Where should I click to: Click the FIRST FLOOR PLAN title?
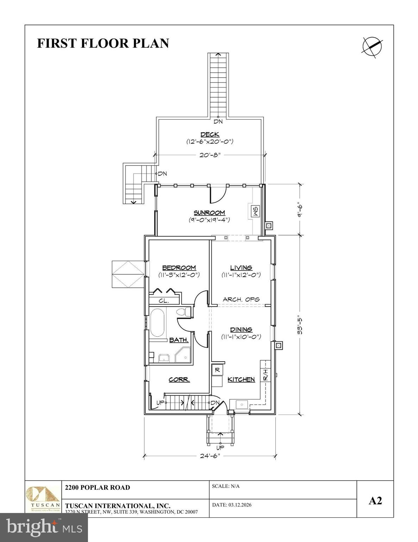[103, 43]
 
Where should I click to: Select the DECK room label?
[210, 134]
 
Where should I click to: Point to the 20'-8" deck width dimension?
[210, 155]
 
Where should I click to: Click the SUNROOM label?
[209, 212]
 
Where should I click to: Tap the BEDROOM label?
[179, 268]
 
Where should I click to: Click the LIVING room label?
[241, 268]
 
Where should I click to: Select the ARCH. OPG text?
[241, 299]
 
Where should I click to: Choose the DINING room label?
[241, 330]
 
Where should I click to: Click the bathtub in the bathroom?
[157, 323]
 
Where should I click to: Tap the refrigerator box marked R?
[217, 370]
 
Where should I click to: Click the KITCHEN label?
[241, 379]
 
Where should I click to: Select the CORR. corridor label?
[179, 380]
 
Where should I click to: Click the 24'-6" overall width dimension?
[210, 456]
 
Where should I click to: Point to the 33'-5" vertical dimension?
[299, 325]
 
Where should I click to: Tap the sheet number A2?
[375, 500]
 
